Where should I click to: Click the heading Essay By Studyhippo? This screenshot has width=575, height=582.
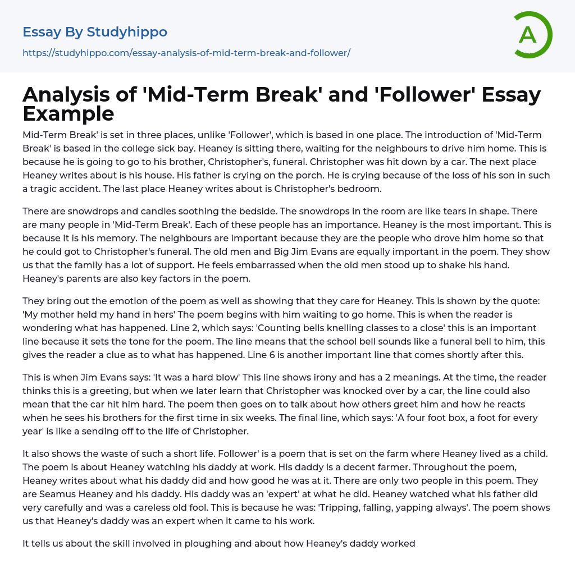(95, 32)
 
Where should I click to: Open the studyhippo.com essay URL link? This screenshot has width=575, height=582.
(186, 53)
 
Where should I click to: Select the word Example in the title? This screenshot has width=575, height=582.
(69, 113)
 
